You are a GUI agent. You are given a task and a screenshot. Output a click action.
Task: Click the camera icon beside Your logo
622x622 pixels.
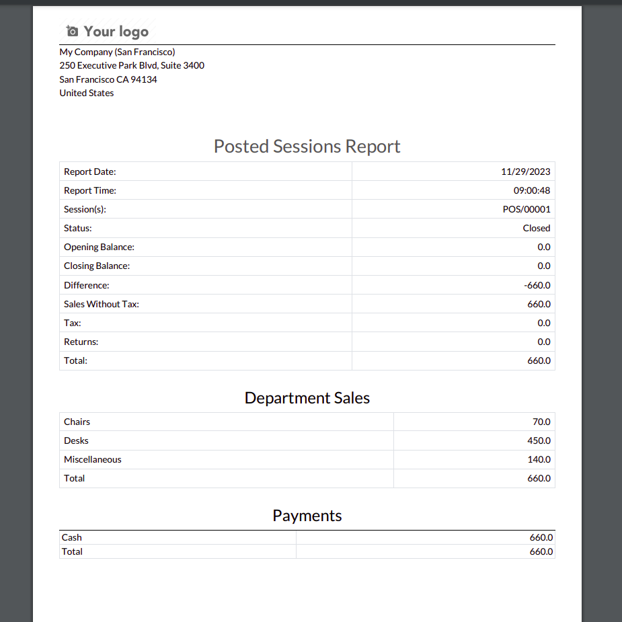(73, 31)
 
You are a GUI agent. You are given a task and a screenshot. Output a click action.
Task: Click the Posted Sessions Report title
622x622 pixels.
(307, 146)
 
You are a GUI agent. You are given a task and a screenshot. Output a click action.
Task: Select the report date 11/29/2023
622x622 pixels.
(525, 171)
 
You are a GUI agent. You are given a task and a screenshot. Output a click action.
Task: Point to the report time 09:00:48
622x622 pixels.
(531, 190)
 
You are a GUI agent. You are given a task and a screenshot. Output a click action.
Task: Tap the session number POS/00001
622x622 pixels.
(527, 209)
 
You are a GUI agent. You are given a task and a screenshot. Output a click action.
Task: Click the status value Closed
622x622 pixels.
(536, 228)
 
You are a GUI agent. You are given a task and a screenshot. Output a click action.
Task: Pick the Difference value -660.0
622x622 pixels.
(537, 285)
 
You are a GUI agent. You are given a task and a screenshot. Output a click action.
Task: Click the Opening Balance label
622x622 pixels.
(99, 247)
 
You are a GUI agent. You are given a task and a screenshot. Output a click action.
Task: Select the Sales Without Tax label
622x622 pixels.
(101, 304)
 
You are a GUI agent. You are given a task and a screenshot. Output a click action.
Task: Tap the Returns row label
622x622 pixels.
(81, 342)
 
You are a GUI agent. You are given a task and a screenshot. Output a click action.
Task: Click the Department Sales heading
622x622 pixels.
(307, 397)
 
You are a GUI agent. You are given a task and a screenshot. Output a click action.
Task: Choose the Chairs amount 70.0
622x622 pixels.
(541, 422)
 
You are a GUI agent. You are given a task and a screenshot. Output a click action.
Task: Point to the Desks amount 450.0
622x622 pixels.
(539, 440)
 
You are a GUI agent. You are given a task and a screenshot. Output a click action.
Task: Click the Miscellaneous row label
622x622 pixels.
(93, 459)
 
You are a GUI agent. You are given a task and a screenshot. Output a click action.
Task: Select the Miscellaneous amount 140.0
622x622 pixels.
(539, 459)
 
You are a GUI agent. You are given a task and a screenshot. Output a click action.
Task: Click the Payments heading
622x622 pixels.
(307, 515)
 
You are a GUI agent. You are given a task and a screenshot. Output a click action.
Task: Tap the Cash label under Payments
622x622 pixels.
(71, 537)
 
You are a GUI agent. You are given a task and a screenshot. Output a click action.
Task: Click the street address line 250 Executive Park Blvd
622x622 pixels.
(132, 65)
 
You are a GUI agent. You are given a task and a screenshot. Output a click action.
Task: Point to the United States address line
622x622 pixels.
(87, 93)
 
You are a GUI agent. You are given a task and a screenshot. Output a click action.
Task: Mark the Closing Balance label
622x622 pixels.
(97, 266)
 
